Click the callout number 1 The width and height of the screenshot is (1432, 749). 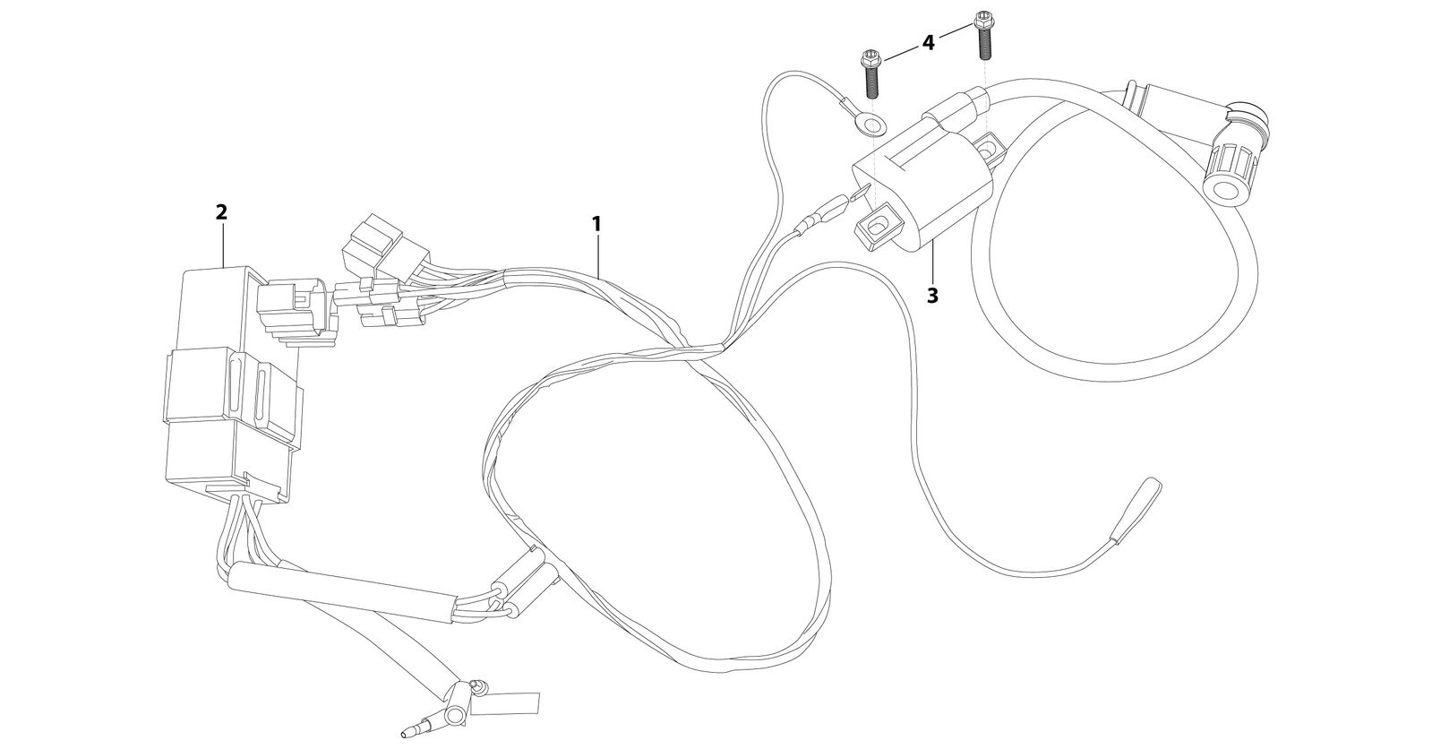(x=596, y=224)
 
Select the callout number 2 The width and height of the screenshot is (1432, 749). (x=221, y=211)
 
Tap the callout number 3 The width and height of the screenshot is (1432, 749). (x=932, y=296)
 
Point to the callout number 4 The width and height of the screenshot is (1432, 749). (x=928, y=43)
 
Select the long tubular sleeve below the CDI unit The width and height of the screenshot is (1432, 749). (x=342, y=591)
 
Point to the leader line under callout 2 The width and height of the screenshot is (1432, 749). (x=222, y=245)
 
